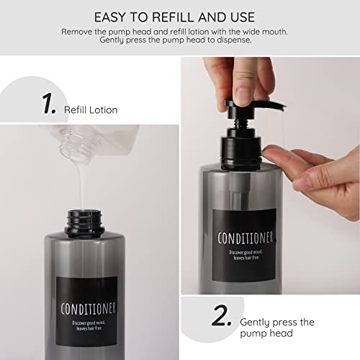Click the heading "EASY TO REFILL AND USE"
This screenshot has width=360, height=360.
(x=179, y=16)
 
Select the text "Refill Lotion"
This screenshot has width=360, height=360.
(x=90, y=109)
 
